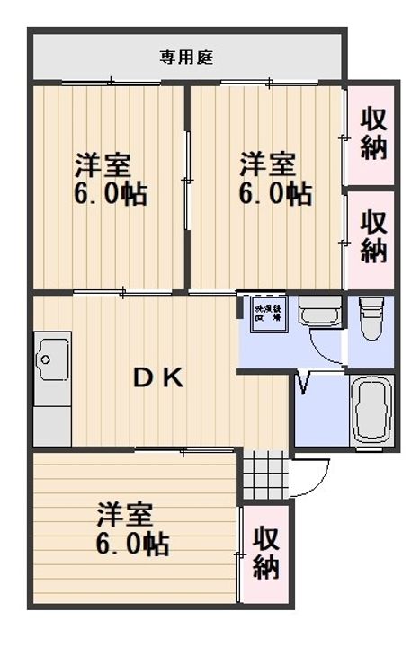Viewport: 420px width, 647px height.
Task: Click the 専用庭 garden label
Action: pyautogui.click(x=186, y=58)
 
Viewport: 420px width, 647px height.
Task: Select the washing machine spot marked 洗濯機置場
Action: pyautogui.click(x=265, y=311)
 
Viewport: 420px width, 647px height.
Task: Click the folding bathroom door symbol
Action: pyautogui.click(x=303, y=386)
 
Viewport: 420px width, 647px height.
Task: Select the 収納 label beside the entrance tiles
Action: pyautogui.click(x=265, y=553)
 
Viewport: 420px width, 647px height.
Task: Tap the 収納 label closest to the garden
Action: pyautogui.click(x=373, y=132)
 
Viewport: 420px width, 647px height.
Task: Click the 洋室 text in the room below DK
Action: pyautogui.click(x=125, y=516)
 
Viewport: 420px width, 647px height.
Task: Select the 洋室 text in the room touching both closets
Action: pyautogui.click(x=267, y=165)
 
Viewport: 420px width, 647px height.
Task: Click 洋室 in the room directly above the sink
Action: pyautogui.click(x=103, y=165)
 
